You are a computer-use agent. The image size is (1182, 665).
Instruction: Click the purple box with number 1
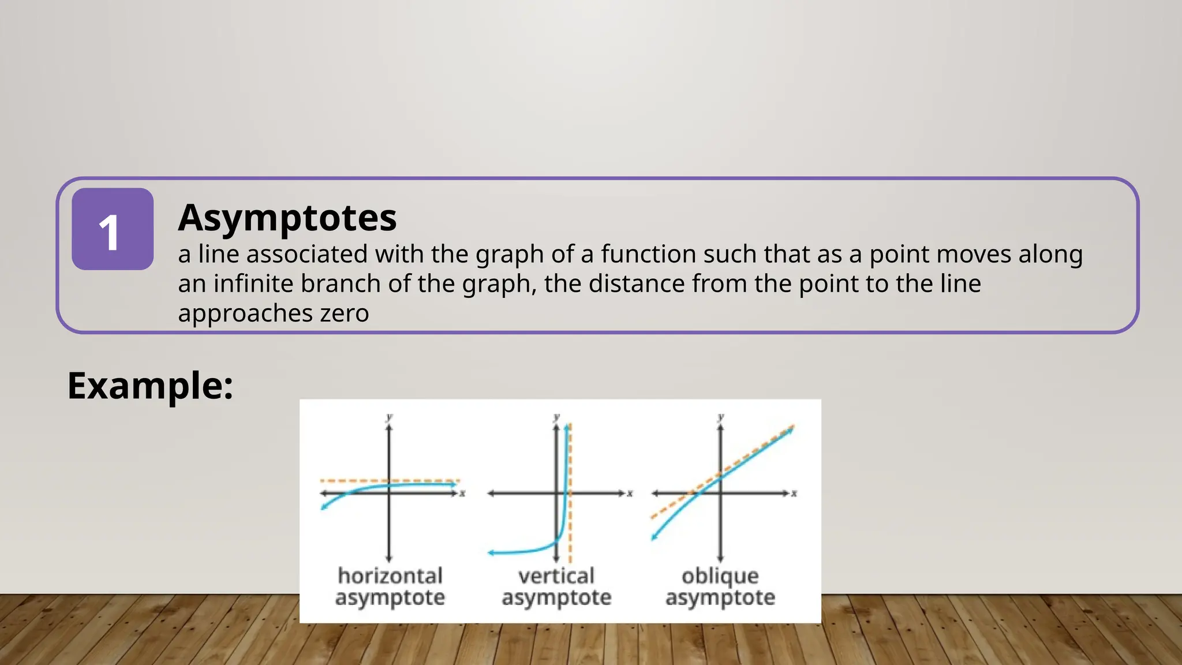coord(113,229)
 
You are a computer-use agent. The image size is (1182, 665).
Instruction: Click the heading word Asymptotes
coord(287,218)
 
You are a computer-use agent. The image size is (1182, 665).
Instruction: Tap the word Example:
coord(150,386)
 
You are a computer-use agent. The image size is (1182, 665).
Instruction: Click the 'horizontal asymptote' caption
coord(390,586)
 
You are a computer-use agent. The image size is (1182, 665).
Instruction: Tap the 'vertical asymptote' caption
coord(556,586)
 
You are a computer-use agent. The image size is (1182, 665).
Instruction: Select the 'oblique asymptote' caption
coord(720,586)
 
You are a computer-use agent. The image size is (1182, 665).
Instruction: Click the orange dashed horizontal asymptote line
coord(427,480)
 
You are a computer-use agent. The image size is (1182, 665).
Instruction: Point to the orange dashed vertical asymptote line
coord(570,520)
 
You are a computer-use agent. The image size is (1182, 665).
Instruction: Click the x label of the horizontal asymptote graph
coord(462,494)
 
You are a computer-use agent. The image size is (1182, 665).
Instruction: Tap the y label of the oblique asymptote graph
coord(721,417)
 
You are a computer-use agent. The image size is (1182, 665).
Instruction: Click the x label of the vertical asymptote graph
coord(630,494)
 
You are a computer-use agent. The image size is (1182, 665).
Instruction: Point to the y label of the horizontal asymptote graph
coord(390,417)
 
